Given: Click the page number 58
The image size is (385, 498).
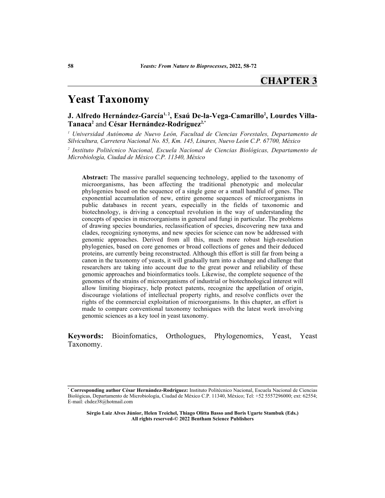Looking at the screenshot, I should click(x=71, y=66).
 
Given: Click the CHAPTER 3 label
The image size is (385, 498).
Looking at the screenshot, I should click(x=288, y=81).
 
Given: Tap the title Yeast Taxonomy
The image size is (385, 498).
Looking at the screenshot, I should click(x=109, y=100).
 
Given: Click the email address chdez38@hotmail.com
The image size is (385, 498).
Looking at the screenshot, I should click(x=109, y=402).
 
